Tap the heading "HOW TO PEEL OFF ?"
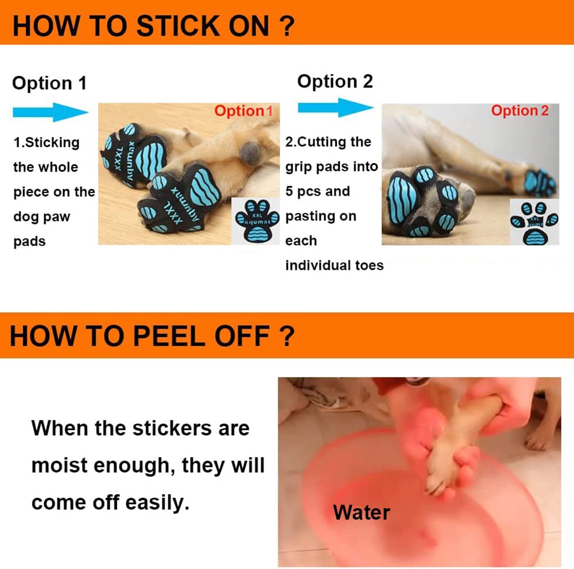point(152,336)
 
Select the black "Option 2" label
point(335,82)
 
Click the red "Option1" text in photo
point(243,111)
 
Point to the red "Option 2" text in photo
point(519,111)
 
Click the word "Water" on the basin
point(362,512)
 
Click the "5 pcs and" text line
point(317,191)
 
